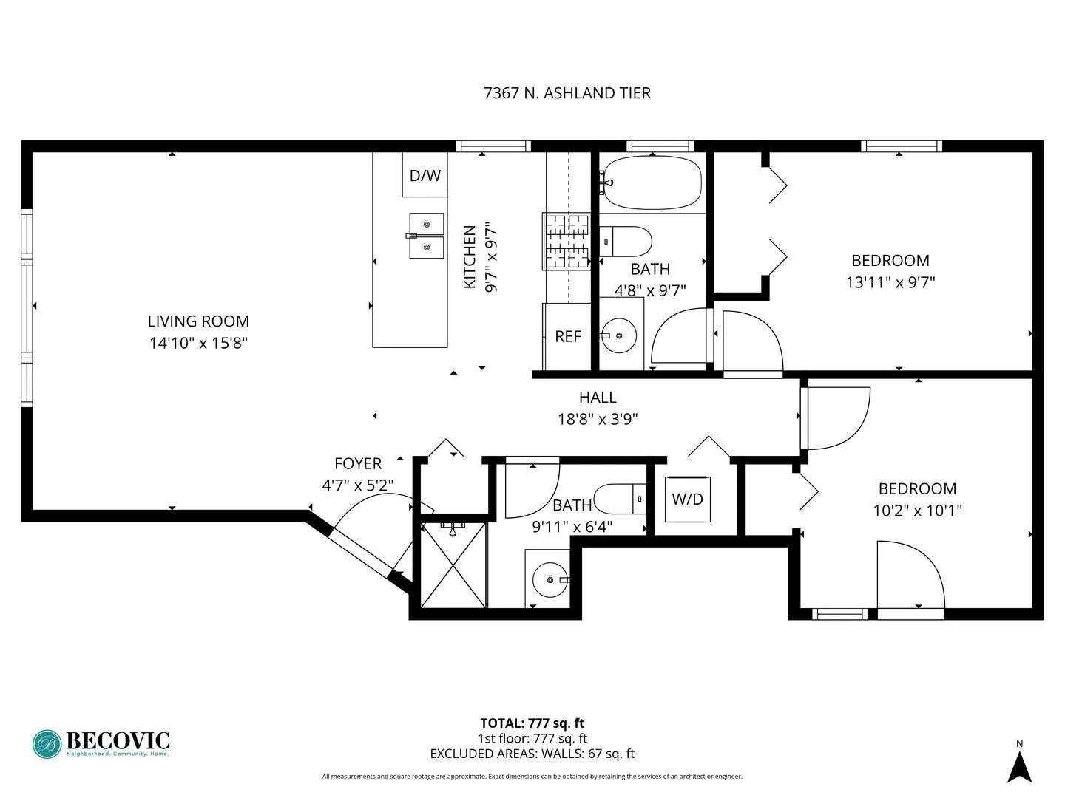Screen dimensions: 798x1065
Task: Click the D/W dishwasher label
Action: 425,175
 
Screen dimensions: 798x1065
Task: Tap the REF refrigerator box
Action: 567,336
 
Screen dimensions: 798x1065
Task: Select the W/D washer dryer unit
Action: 687,499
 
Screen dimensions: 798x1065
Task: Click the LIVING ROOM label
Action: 198,321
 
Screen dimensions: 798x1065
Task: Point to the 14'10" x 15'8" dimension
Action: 198,343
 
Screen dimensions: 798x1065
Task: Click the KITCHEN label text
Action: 470,257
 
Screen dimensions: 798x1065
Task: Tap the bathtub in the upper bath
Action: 651,182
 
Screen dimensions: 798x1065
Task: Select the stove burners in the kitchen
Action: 566,241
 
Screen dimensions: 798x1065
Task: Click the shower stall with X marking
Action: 453,565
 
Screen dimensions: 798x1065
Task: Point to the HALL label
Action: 598,398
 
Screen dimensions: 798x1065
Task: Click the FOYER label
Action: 358,464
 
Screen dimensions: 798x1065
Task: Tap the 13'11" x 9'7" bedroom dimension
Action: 890,282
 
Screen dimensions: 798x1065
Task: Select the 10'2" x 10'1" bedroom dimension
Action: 917,511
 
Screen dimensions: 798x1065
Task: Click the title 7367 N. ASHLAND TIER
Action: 567,93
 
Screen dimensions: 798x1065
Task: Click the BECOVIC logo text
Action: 118,740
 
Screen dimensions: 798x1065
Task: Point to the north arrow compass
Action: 1020,765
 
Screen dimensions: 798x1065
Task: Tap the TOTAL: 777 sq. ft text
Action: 532,723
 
